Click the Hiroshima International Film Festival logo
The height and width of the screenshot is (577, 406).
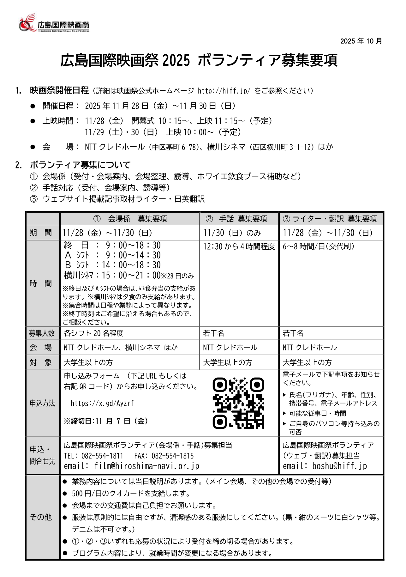coord(54,23)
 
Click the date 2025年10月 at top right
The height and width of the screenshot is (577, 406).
coord(361,41)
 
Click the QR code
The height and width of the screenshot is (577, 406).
coord(238,403)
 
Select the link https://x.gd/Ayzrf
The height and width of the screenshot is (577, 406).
coord(102,403)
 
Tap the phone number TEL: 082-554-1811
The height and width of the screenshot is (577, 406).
coord(93,456)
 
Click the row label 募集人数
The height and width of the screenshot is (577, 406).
coord(42,333)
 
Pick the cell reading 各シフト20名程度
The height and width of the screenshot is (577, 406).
coord(93,333)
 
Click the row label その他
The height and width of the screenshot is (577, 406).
coord(41,517)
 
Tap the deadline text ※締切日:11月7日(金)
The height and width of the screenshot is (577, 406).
coord(106,421)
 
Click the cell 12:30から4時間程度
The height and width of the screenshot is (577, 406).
coord(239,247)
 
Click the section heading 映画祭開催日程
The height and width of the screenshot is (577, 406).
coord(59,91)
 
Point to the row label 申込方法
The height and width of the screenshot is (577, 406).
coord(42,403)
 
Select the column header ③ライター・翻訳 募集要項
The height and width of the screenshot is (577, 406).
coord(330,219)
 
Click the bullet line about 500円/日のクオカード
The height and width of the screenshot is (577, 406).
coord(131,494)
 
